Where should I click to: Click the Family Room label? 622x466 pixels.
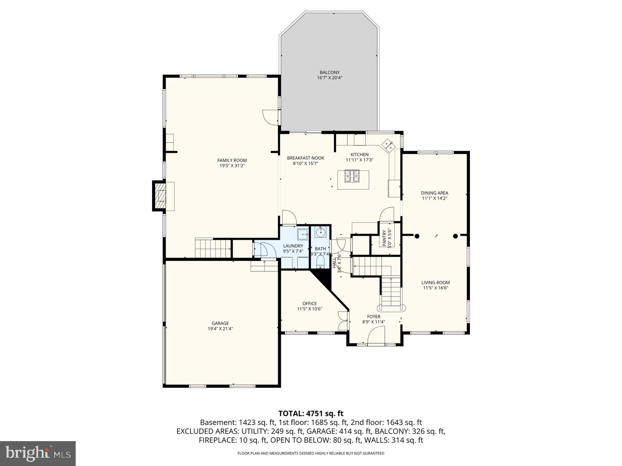click(x=232, y=160)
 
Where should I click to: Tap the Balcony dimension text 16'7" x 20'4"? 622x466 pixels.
click(x=329, y=78)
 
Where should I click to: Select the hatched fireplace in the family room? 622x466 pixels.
click(x=160, y=196)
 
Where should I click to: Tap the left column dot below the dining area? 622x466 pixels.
click(x=417, y=236)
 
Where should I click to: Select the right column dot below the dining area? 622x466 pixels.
click(x=455, y=236)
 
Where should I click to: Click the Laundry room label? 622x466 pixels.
click(x=293, y=246)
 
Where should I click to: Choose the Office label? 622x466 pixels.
click(x=309, y=304)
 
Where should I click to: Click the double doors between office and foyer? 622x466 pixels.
click(x=343, y=321)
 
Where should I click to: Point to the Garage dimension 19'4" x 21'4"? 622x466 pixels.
click(x=220, y=329)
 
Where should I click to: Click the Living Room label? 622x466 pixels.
click(x=435, y=282)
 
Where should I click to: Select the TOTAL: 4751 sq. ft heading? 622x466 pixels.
click(x=311, y=413)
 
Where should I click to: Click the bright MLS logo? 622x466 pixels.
click(x=38, y=453)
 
